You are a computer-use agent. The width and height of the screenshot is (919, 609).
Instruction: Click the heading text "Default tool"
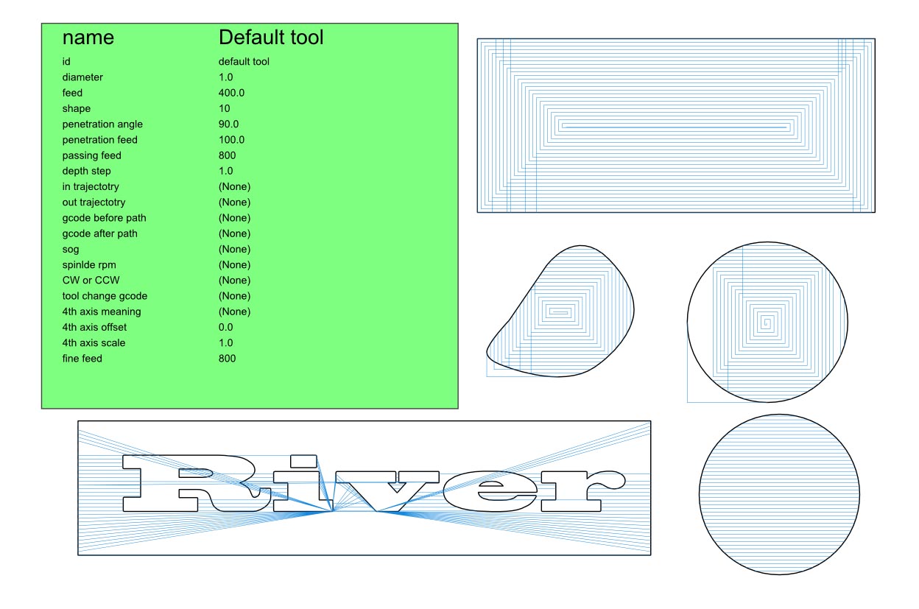[x=271, y=38]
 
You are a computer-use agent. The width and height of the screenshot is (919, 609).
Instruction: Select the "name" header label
[x=88, y=38]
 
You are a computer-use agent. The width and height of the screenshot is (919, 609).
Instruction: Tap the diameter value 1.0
[x=225, y=77]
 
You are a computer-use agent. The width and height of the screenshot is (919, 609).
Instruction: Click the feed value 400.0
[x=231, y=93]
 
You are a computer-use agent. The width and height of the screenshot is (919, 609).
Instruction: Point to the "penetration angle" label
[x=102, y=124]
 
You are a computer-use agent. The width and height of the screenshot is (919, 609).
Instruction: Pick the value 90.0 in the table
[x=228, y=124]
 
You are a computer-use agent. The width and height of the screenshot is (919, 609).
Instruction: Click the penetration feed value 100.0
[x=231, y=139]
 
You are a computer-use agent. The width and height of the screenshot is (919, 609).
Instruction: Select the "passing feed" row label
[x=92, y=155]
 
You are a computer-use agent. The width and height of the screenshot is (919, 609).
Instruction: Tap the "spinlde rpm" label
[x=89, y=265]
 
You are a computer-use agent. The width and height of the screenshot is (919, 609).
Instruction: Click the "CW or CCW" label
[x=91, y=281]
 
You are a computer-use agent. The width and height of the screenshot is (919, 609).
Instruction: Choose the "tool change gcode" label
[x=105, y=296]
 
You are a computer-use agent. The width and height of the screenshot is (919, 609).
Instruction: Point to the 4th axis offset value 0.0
[x=225, y=327]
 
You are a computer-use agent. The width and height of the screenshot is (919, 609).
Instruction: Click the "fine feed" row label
[x=82, y=359]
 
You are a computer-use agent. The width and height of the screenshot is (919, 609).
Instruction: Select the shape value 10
[x=225, y=108]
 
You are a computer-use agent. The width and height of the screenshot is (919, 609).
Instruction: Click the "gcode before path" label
[x=105, y=218]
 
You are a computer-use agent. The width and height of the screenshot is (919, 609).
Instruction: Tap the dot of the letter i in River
[x=303, y=461]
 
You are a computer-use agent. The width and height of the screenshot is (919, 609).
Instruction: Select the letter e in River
[x=490, y=491]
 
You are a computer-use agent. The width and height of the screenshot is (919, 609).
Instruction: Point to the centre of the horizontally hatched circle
[x=779, y=495]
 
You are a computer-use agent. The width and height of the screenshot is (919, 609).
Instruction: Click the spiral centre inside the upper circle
[x=767, y=323]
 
